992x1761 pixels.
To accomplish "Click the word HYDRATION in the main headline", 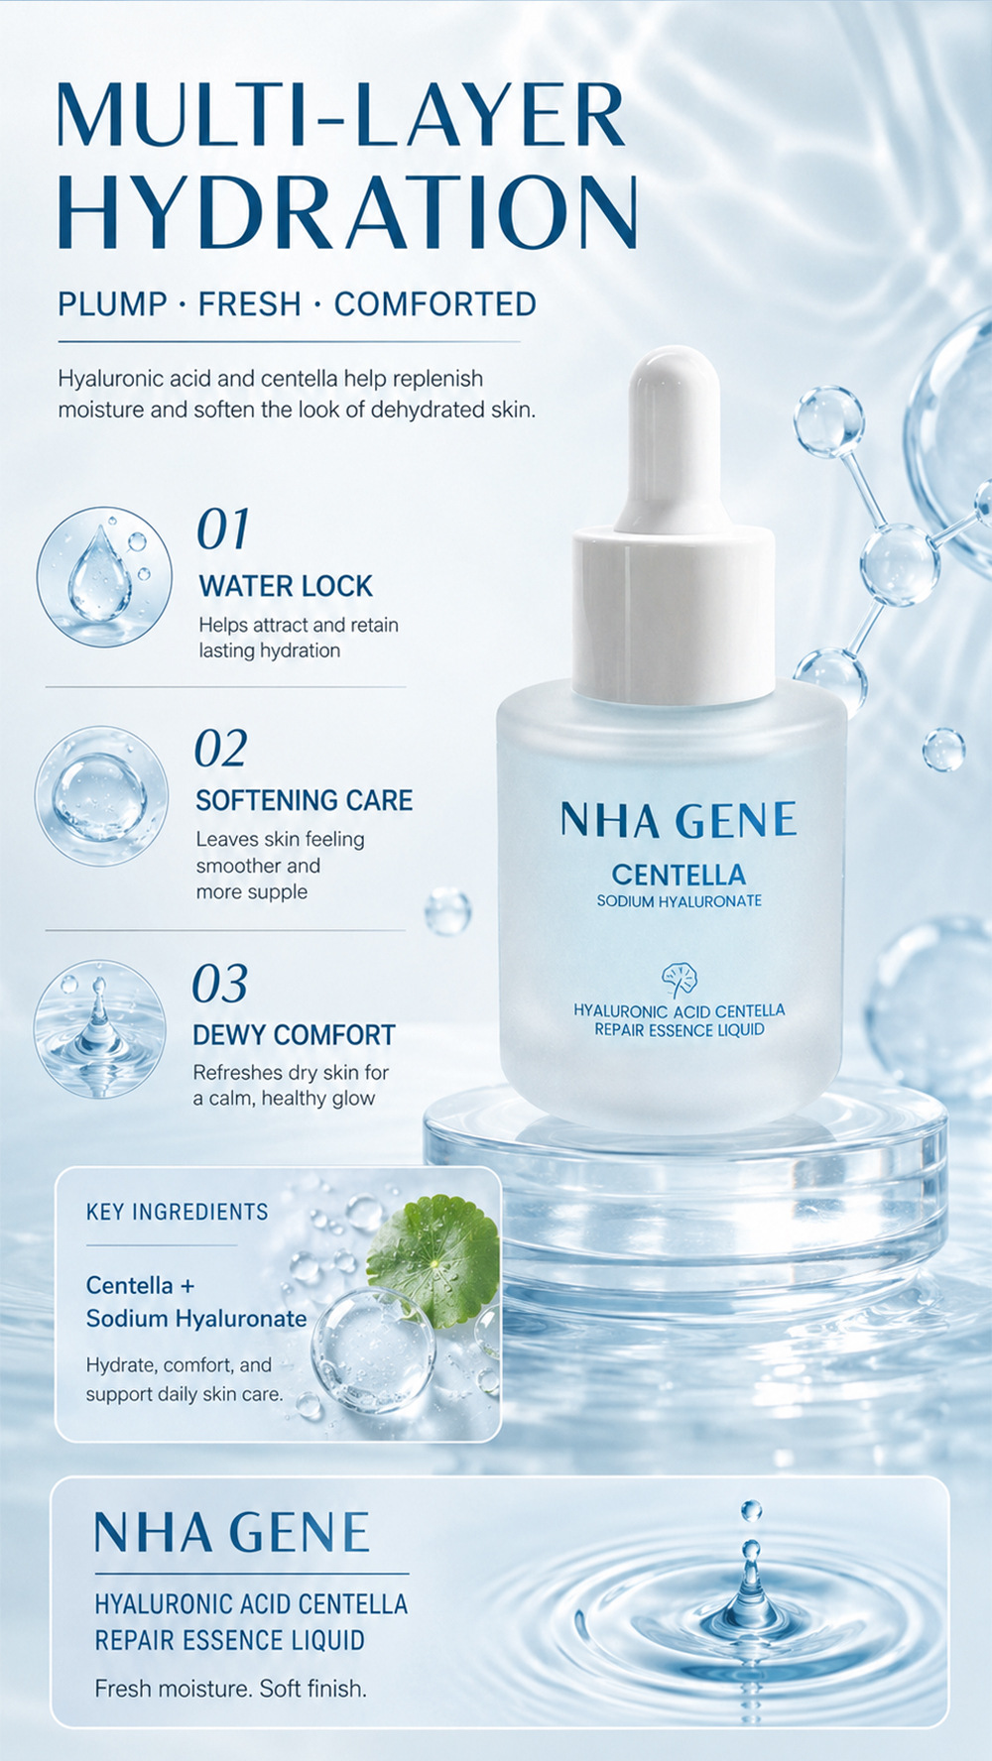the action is point(347,211).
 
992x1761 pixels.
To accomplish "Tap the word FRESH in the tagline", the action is point(249,304).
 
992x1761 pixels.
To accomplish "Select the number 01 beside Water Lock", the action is point(222,528).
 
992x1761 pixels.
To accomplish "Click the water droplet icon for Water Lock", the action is point(103,576).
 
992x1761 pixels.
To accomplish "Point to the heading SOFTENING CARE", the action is point(304,800).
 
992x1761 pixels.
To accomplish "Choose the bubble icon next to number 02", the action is point(101,795).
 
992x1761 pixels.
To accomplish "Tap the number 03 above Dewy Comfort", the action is point(219,985).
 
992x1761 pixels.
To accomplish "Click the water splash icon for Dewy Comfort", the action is point(99,1028).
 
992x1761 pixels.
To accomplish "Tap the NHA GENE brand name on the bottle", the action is point(679,820).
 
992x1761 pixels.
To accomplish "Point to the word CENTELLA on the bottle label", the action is point(679,875).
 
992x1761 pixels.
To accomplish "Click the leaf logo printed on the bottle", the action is point(680,980).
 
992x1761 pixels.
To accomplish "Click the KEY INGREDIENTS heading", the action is point(178,1212).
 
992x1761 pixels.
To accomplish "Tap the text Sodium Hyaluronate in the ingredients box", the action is point(196,1319).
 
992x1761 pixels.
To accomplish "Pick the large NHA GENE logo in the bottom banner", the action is point(232,1533).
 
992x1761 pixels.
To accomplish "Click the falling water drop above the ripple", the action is point(751,1511).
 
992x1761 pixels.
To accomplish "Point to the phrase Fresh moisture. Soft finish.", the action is point(231,1688).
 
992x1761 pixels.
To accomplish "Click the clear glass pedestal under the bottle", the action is point(684,1190).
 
